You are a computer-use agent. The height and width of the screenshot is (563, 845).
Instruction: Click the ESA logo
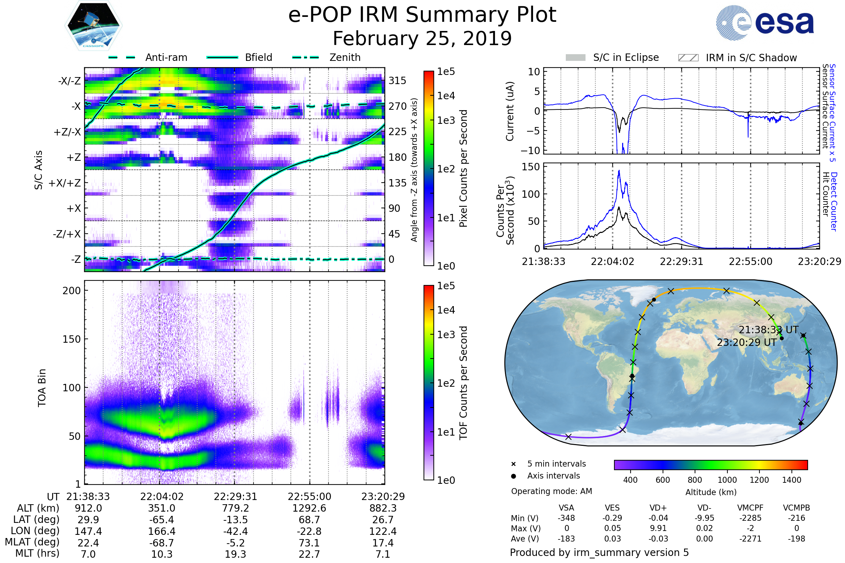(x=765, y=22)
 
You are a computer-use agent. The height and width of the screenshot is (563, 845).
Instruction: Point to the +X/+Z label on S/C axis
(x=65, y=183)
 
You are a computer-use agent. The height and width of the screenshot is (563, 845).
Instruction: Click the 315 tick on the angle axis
(x=397, y=81)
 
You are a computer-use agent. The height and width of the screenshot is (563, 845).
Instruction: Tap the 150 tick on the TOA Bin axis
(x=71, y=339)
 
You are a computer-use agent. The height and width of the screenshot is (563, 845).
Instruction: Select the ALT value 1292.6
(x=309, y=508)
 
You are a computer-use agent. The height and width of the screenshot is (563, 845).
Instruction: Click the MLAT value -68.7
(x=162, y=543)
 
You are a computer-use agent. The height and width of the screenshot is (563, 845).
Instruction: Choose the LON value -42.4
(x=235, y=531)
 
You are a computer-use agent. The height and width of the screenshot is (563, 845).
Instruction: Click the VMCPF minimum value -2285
(x=750, y=518)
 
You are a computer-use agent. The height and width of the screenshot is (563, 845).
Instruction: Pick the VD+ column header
(x=658, y=508)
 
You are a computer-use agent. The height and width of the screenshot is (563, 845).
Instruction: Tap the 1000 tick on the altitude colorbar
(x=727, y=480)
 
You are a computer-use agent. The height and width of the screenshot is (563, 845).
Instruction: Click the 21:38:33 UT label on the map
(x=768, y=330)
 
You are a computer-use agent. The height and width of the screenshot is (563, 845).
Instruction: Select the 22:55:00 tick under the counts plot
(x=750, y=261)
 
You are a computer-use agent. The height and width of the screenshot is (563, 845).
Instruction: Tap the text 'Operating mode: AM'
(x=551, y=491)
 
